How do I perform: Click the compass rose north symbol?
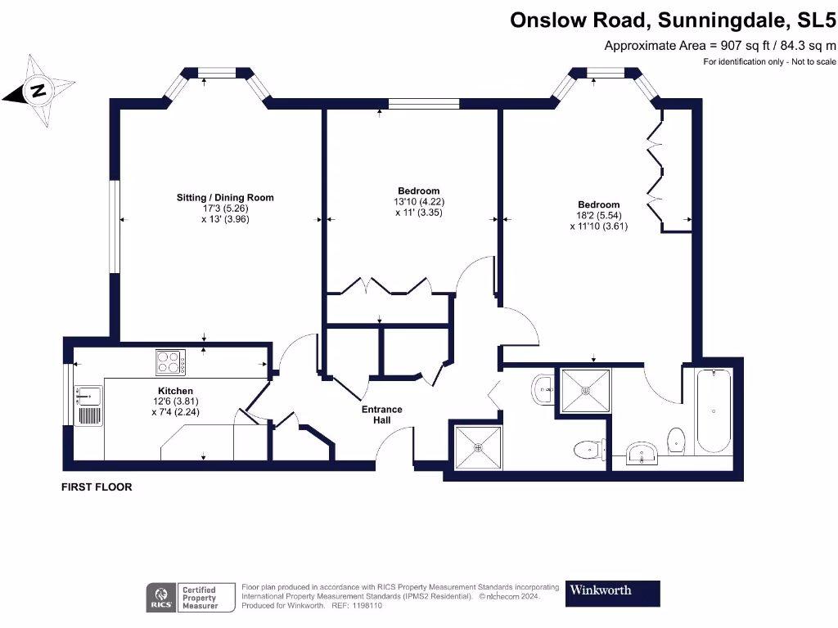pyautogui.click(x=38, y=90)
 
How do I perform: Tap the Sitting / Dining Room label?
pyautogui.click(x=225, y=198)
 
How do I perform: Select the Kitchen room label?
pyautogui.click(x=175, y=391)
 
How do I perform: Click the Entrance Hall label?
pyautogui.click(x=381, y=415)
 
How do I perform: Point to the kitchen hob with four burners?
pyautogui.click(x=170, y=362)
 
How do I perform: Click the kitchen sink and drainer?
pyautogui.click(x=88, y=406)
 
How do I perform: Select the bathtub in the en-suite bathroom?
pyautogui.click(x=714, y=410)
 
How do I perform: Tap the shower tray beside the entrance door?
pyautogui.click(x=478, y=447)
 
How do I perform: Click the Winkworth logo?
pyautogui.click(x=612, y=594)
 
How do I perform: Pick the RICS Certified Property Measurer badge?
pyautogui.click(x=191, y=597)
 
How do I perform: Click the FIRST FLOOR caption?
pyautogui.click(x=97, y=487)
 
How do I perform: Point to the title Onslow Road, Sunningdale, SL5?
pyautogui.click(x=673, y=20)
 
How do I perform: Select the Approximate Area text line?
pyautogui.click(x=720, y=46)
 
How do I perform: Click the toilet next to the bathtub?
pyautogui.click(x=676, y=440)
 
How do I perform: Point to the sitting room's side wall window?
pyautogui.click(x=115, y=227)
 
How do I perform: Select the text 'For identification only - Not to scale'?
pyautogui.click(x=769, y=62)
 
